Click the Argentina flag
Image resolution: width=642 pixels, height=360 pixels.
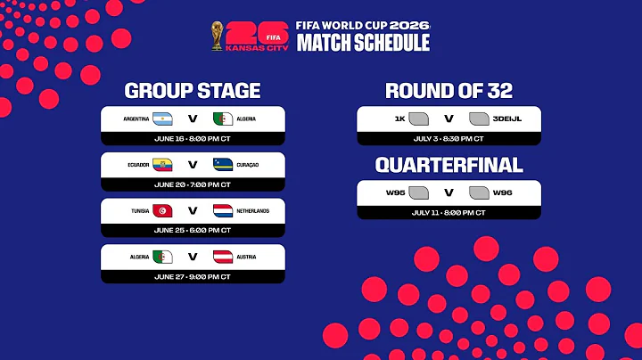[x=162, y=119]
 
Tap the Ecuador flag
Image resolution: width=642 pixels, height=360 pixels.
[x=162, y=165]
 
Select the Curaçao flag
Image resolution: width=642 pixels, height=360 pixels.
[x=223, y=165]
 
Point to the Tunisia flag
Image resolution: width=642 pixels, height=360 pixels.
[x=162, y=211]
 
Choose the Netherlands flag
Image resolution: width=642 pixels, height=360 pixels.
[x=223, y=211]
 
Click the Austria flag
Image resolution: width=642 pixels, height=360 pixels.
[x=223, y=257]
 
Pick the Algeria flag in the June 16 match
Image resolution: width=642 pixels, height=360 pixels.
[x=223, y=119]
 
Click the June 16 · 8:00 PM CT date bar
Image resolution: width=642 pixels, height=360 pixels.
[x=193, y=139]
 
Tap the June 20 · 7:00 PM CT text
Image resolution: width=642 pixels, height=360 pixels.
[x=193, y=184]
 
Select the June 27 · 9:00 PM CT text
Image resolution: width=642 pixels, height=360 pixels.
[x=193, y=276]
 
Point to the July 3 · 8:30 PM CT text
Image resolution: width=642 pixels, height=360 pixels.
[x=449, y=139]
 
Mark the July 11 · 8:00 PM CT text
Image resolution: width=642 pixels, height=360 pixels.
[x=449, y=213]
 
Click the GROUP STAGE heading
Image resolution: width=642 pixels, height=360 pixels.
[x=193, y=91]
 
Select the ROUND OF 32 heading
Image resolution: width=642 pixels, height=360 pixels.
[x=449, y=91]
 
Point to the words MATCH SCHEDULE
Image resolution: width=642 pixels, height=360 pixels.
[x=362, y=43]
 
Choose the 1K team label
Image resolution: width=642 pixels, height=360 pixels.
[x=399, y=119]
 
